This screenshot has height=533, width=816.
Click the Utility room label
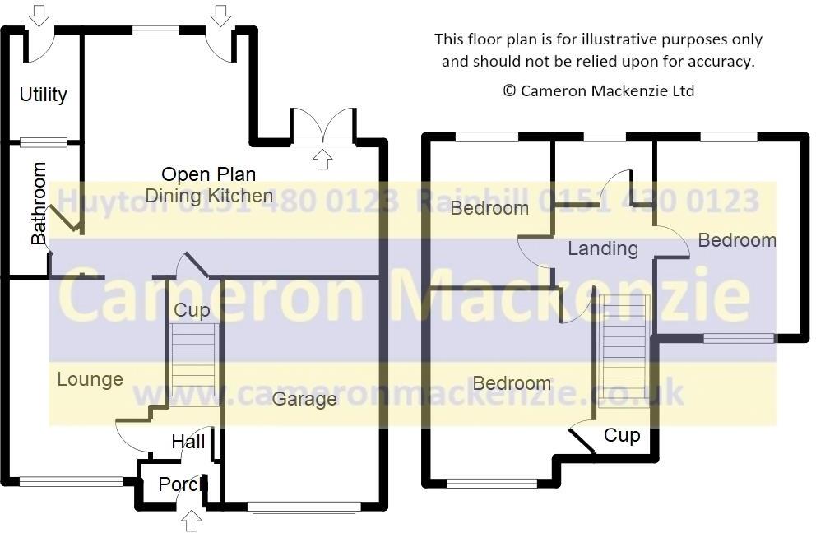(43, 95)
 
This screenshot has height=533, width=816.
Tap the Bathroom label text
(39, 204)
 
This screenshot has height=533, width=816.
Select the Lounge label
(90, 379)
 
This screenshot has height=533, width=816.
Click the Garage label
(304, 399)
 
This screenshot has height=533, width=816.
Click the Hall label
(188, 443)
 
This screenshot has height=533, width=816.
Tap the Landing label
(603, 248)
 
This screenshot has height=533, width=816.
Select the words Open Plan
(208, 174)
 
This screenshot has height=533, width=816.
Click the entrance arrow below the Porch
(191, 520)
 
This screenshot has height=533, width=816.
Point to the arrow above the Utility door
(39, 14)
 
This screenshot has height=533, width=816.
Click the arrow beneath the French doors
(322, 159)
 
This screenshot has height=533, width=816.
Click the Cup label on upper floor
(621, 435)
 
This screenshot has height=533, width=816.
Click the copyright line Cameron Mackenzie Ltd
(598, 90)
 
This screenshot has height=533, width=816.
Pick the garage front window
(305, 508)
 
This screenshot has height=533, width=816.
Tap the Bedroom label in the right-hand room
(736, 240)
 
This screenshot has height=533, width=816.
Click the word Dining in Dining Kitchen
(172, 196)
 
